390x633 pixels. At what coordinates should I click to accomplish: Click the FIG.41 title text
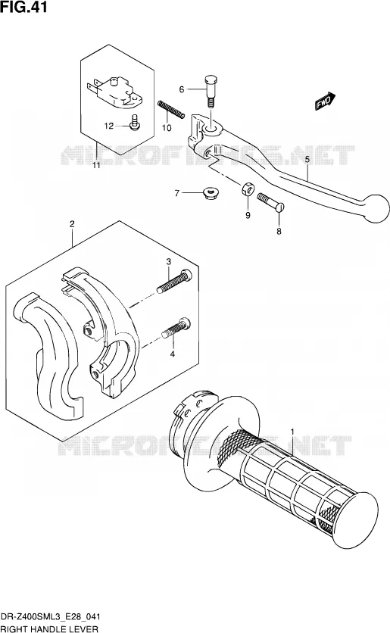point(23,7)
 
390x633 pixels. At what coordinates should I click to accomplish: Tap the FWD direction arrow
point(326,101)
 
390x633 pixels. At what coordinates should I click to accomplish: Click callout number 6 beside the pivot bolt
point(182,89)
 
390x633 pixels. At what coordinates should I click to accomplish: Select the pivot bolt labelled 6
point(211,91)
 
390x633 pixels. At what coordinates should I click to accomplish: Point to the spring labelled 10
point(171,109)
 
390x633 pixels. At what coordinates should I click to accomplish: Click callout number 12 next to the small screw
point(109,126)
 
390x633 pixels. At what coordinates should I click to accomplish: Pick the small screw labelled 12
point(135,123)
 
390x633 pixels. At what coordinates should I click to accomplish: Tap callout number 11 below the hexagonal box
point(96,166)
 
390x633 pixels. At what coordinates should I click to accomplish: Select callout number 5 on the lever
point(307,160)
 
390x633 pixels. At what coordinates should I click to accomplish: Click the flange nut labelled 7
point(209,193)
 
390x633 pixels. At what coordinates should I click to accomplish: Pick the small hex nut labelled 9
point(248,188)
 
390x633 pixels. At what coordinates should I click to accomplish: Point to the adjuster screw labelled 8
point(270,201)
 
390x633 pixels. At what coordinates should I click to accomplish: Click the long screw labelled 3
point(174,282)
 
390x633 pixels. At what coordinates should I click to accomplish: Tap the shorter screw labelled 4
point(176,328)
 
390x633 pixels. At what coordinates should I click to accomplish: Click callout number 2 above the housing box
point(72,224)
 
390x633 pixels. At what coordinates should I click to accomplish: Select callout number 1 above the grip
point(292,433)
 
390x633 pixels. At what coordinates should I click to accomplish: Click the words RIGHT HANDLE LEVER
point(49,628)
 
